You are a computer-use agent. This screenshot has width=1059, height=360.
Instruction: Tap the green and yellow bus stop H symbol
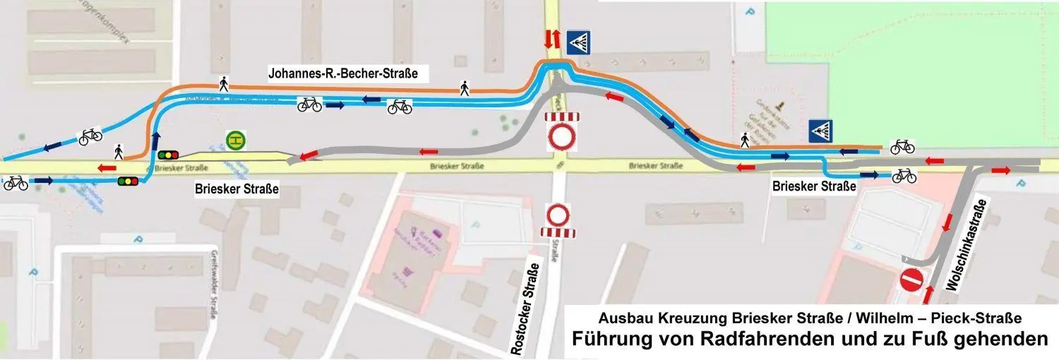coord(236,140)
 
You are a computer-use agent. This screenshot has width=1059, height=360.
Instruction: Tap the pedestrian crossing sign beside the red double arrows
coord(578,41)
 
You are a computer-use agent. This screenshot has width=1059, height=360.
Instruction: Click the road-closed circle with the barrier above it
coord(561,136)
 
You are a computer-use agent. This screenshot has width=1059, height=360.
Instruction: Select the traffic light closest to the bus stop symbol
coord(168,155)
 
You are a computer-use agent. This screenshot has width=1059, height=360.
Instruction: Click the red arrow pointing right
coord(1000,171)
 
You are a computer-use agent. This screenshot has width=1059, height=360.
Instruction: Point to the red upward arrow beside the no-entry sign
coord(928,293)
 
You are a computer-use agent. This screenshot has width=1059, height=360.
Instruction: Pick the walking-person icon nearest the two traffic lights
coord(119,150)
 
